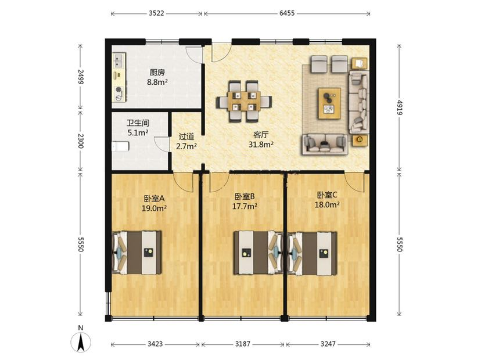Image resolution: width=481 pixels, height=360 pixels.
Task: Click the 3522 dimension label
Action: pos(156,13)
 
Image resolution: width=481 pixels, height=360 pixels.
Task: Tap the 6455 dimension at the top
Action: pos(287,13)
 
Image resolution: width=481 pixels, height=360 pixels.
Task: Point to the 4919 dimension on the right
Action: pos(399,107)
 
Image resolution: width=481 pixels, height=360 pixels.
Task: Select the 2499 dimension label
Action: pos(80,76)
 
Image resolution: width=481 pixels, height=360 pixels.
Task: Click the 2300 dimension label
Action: pos(80,141)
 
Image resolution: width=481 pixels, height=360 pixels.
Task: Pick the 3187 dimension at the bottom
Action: pos(243,344)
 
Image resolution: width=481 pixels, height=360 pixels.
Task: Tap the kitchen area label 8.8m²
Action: pos(157,82)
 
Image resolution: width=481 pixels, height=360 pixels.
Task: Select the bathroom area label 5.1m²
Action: pos(138,132)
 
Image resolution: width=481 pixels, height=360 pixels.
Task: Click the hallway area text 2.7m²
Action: pos(186,146)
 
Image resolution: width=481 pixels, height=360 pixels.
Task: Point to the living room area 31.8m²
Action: pos(261,145)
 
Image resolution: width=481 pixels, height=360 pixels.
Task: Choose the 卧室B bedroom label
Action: pos(245,196)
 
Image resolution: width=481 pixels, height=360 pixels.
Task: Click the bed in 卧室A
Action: pos(137,253)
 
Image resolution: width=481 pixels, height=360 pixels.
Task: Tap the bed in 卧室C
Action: pos(313,253)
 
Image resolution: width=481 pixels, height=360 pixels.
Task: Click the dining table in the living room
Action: pos(244,101)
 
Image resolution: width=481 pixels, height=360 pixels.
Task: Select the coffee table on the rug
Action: pos(330,103)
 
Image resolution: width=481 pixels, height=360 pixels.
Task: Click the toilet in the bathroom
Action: pos(120,146)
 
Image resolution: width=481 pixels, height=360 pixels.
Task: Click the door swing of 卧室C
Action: pos(354,182)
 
